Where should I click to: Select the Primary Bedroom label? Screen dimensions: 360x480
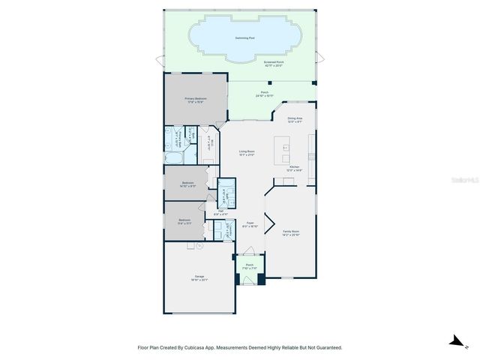click(x=196, y=99)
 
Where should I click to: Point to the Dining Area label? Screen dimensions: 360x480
click(x=295, y=118)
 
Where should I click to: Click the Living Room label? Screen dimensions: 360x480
click(x=247, y=152)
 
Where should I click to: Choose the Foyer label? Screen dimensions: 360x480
click(x=251, y=223)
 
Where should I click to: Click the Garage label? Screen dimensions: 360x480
click(x=200, y=277)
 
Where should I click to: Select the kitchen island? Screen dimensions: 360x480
click(x=285, y=150)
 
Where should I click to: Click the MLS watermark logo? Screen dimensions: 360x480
click(x=458, y=180)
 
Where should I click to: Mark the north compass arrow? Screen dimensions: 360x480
click(x=455, y=341)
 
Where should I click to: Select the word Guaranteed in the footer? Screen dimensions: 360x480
click(x=326, y=347)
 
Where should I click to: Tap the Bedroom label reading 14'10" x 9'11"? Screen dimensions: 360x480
click(x=188, y=184)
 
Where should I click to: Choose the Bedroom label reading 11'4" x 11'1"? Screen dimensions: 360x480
click(x=184, y=220)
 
